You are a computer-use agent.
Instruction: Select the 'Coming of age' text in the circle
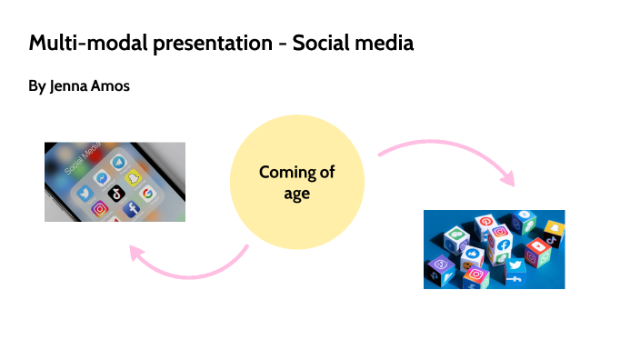296,182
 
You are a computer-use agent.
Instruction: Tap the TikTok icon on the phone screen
115,192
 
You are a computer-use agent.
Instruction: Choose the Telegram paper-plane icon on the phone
118,162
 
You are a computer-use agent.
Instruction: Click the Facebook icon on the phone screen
131,210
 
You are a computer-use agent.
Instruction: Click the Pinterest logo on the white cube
485,222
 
